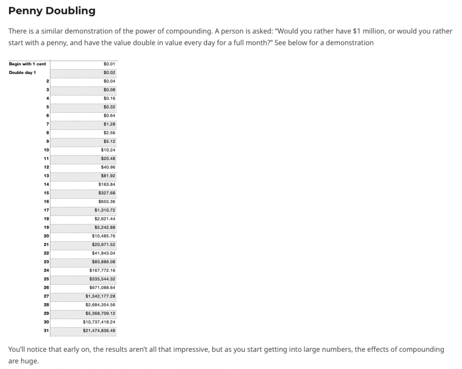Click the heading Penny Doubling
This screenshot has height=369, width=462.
52,11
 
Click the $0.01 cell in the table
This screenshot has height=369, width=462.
109,64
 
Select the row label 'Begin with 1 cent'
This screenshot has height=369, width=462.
27,64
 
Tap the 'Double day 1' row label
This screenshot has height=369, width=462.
22,73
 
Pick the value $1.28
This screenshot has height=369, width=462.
109,124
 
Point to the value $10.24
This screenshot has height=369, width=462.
108,150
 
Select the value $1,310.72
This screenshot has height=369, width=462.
105,210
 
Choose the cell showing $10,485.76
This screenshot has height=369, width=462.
104,236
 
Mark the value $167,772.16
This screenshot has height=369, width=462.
102,270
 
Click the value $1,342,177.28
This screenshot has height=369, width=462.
101,296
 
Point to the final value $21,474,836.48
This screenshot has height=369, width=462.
99,330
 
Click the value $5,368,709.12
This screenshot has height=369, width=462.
101,313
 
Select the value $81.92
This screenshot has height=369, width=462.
108,176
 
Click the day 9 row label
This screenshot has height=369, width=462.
47,141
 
